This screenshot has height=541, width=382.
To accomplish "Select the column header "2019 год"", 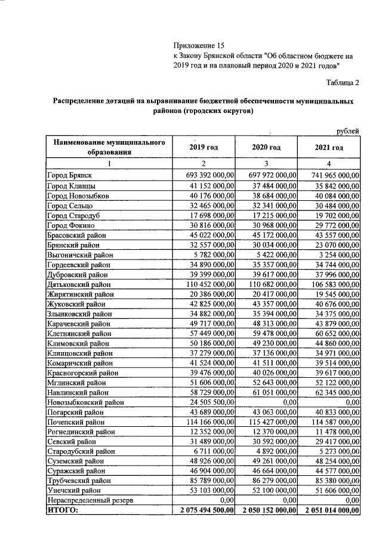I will (204, 148).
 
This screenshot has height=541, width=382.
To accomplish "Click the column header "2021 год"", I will (329, 148).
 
